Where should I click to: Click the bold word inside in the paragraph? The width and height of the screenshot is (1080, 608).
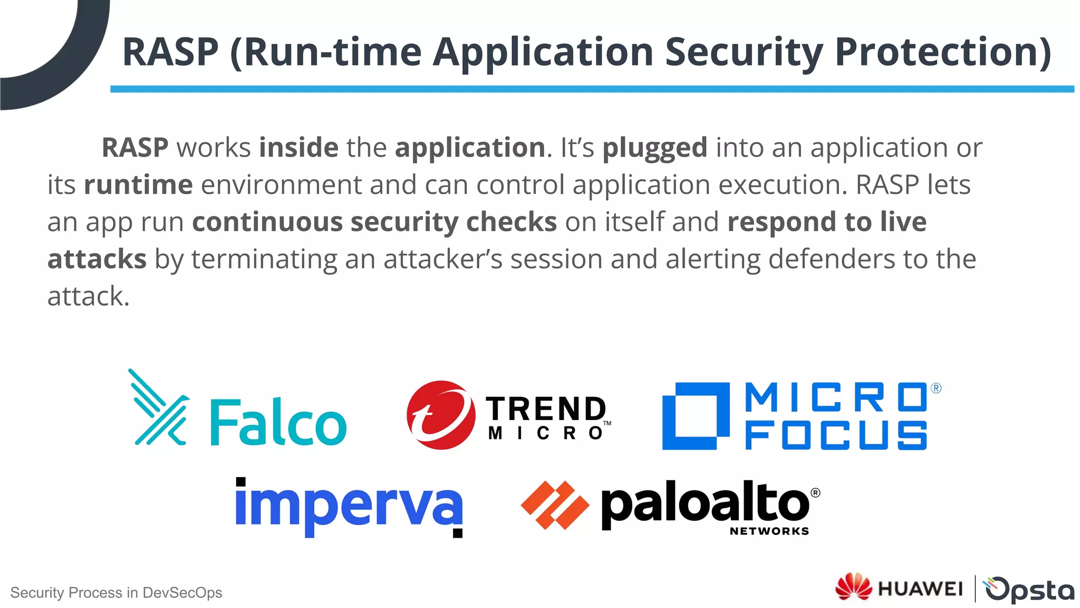click(x=298, y=147)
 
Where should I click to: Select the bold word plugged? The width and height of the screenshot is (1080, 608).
click(x=654, y=148)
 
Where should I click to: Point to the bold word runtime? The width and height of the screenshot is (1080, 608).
click(x=138, y=185)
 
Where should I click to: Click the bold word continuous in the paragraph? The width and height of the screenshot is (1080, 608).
click(x=267, y=222)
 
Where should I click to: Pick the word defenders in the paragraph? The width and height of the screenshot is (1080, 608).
click(x=831, y=259)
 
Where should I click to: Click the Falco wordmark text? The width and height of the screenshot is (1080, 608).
click(x=278, y=423)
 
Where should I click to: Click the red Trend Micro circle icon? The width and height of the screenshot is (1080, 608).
click(x=440, y=415)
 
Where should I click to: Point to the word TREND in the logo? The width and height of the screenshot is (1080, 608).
click(x=546, y=408)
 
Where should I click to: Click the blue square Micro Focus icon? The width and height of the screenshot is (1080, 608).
click(x=696, y=416)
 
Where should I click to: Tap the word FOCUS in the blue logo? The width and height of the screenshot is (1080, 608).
click(x=836, y=435)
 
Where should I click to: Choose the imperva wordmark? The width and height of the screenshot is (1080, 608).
click(x=349, y=505)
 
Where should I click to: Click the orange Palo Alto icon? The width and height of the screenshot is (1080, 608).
click(x=555, y=505)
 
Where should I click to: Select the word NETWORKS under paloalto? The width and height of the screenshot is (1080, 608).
click(x=769, y=531)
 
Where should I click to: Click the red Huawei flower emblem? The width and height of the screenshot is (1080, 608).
click(x=853, y=587)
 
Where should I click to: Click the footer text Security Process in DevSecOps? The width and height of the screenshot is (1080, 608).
click(x=116, y=593)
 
